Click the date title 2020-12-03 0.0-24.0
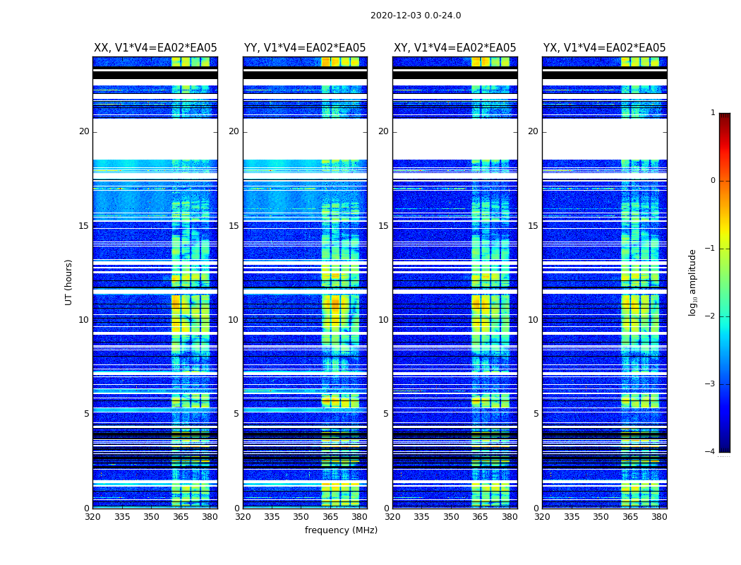[416, 16]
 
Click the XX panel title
[155, 48]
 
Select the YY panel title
[305, 48]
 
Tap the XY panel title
[454, 48]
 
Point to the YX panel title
[604, 48]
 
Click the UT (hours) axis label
[69, 282]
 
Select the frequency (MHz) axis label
[341, 530]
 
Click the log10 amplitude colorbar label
[693, 282]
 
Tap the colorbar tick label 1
[713, 113]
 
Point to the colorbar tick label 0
[713, 181]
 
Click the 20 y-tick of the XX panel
[84, 131]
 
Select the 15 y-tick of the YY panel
[234, 226]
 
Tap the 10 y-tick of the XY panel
[383, 320]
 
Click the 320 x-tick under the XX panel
[92, 517]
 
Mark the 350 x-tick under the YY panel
[301, 517]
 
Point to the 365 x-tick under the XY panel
[481, 517]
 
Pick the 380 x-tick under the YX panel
[659, 517]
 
